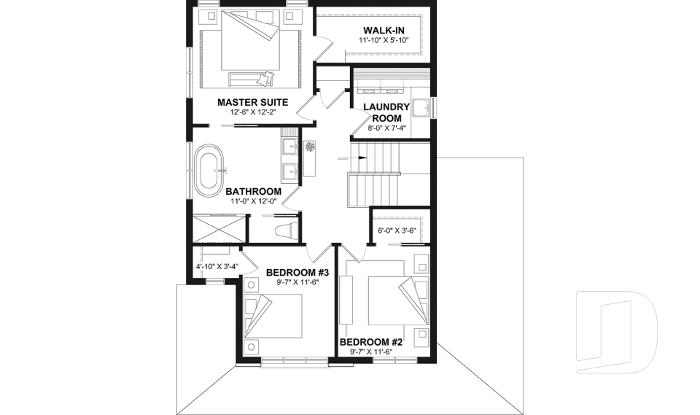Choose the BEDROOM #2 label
coord(371,342)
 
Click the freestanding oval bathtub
coord(210,173)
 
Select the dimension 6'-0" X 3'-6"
coord(396,231)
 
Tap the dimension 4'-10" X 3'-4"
coord(216,268)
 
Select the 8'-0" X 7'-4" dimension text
coord(386,128)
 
